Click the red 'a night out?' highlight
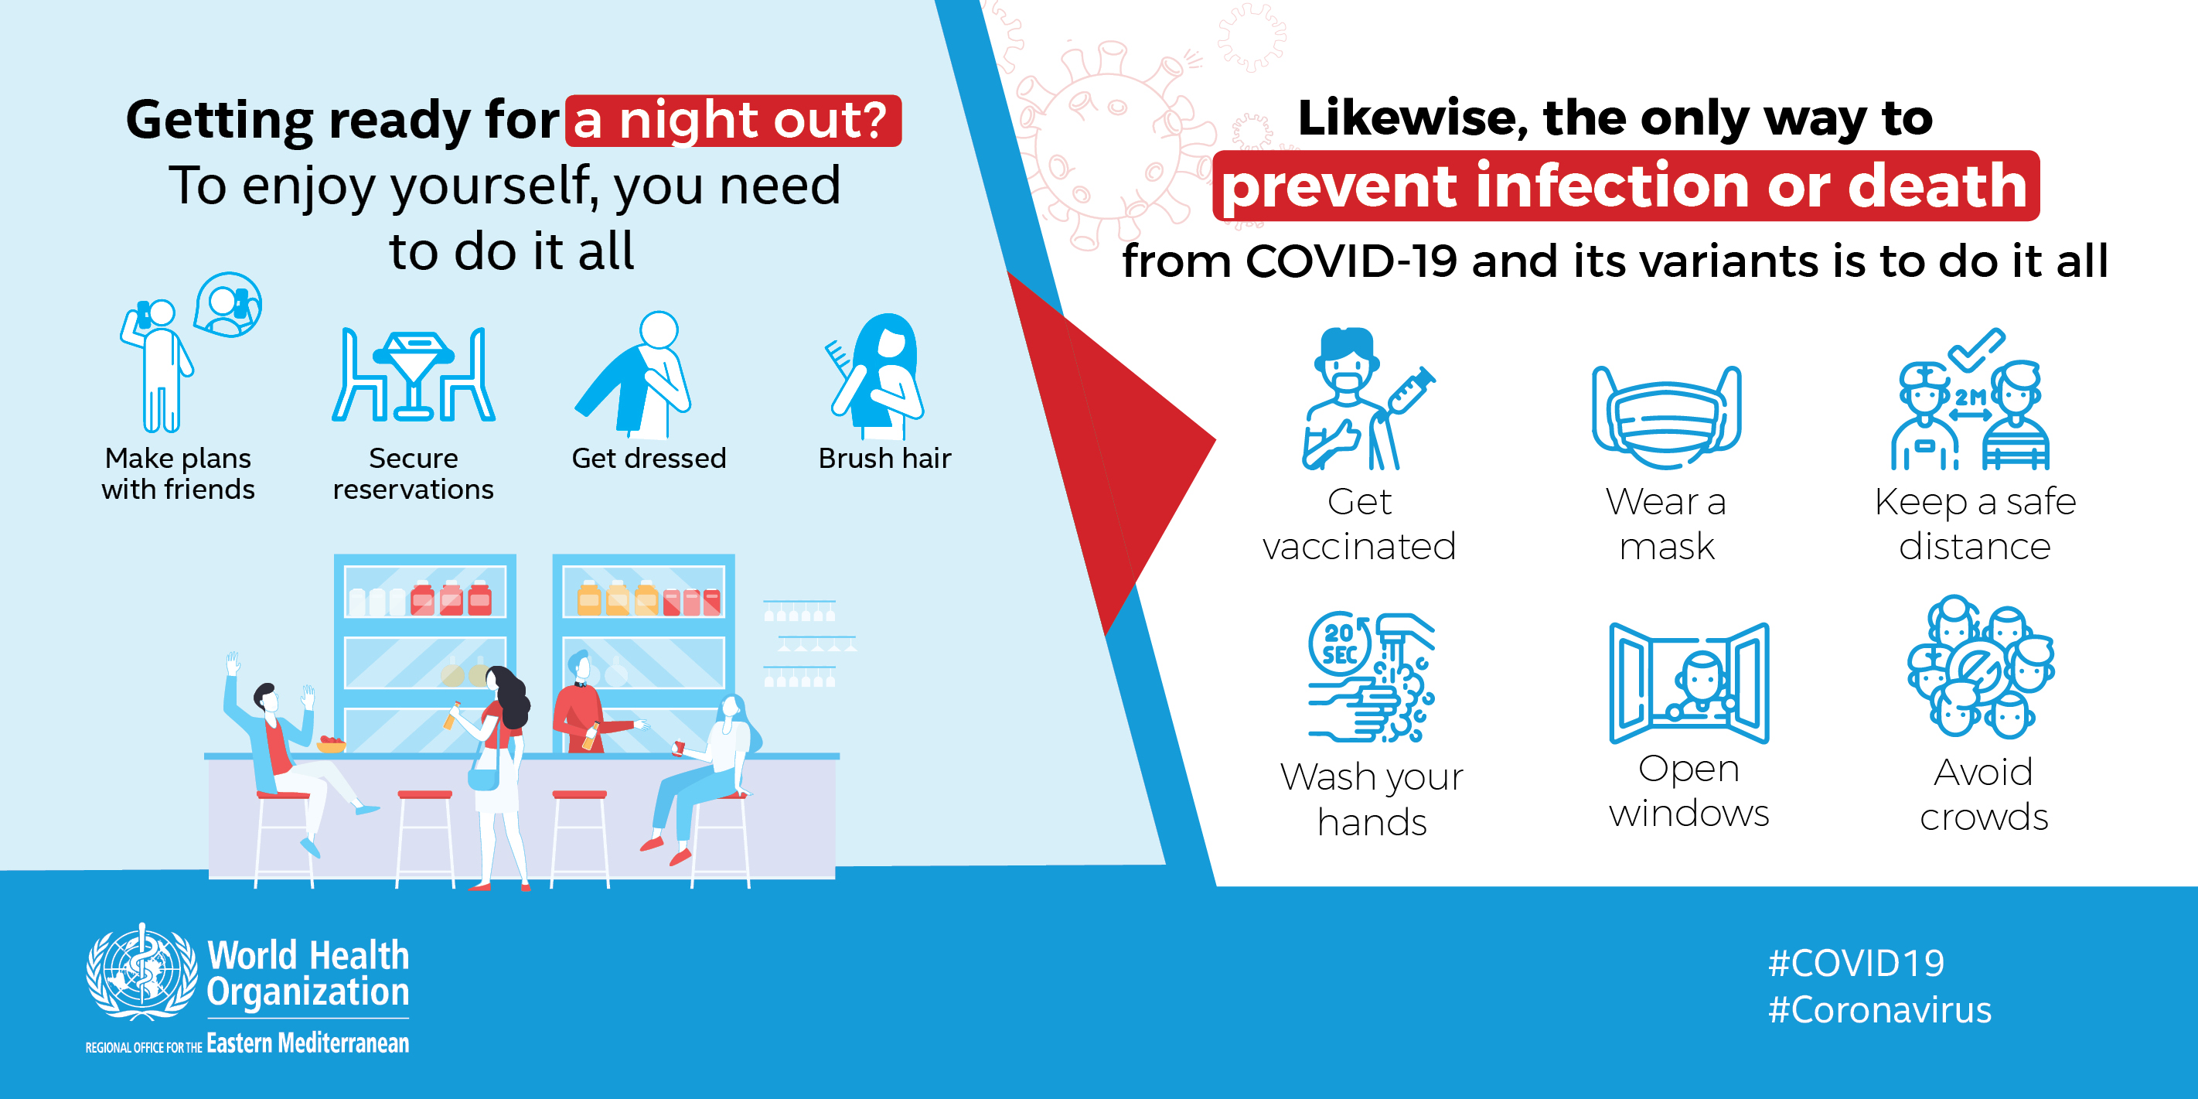pos(733,121)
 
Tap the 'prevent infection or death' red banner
pos(1625,186)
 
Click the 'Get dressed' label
pos(649,458)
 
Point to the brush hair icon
pos(875,374)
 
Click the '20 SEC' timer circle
pos(1340,644)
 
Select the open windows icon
pos(1689,683)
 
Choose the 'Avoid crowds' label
pos(1984,794)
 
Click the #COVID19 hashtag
pos(1856,964)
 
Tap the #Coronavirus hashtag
pos(1879,1010)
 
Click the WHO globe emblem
pos(141,974)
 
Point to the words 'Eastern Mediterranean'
pos(308,1043)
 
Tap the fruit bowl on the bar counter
pos(331,745)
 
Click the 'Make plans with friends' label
pos(179,473)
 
